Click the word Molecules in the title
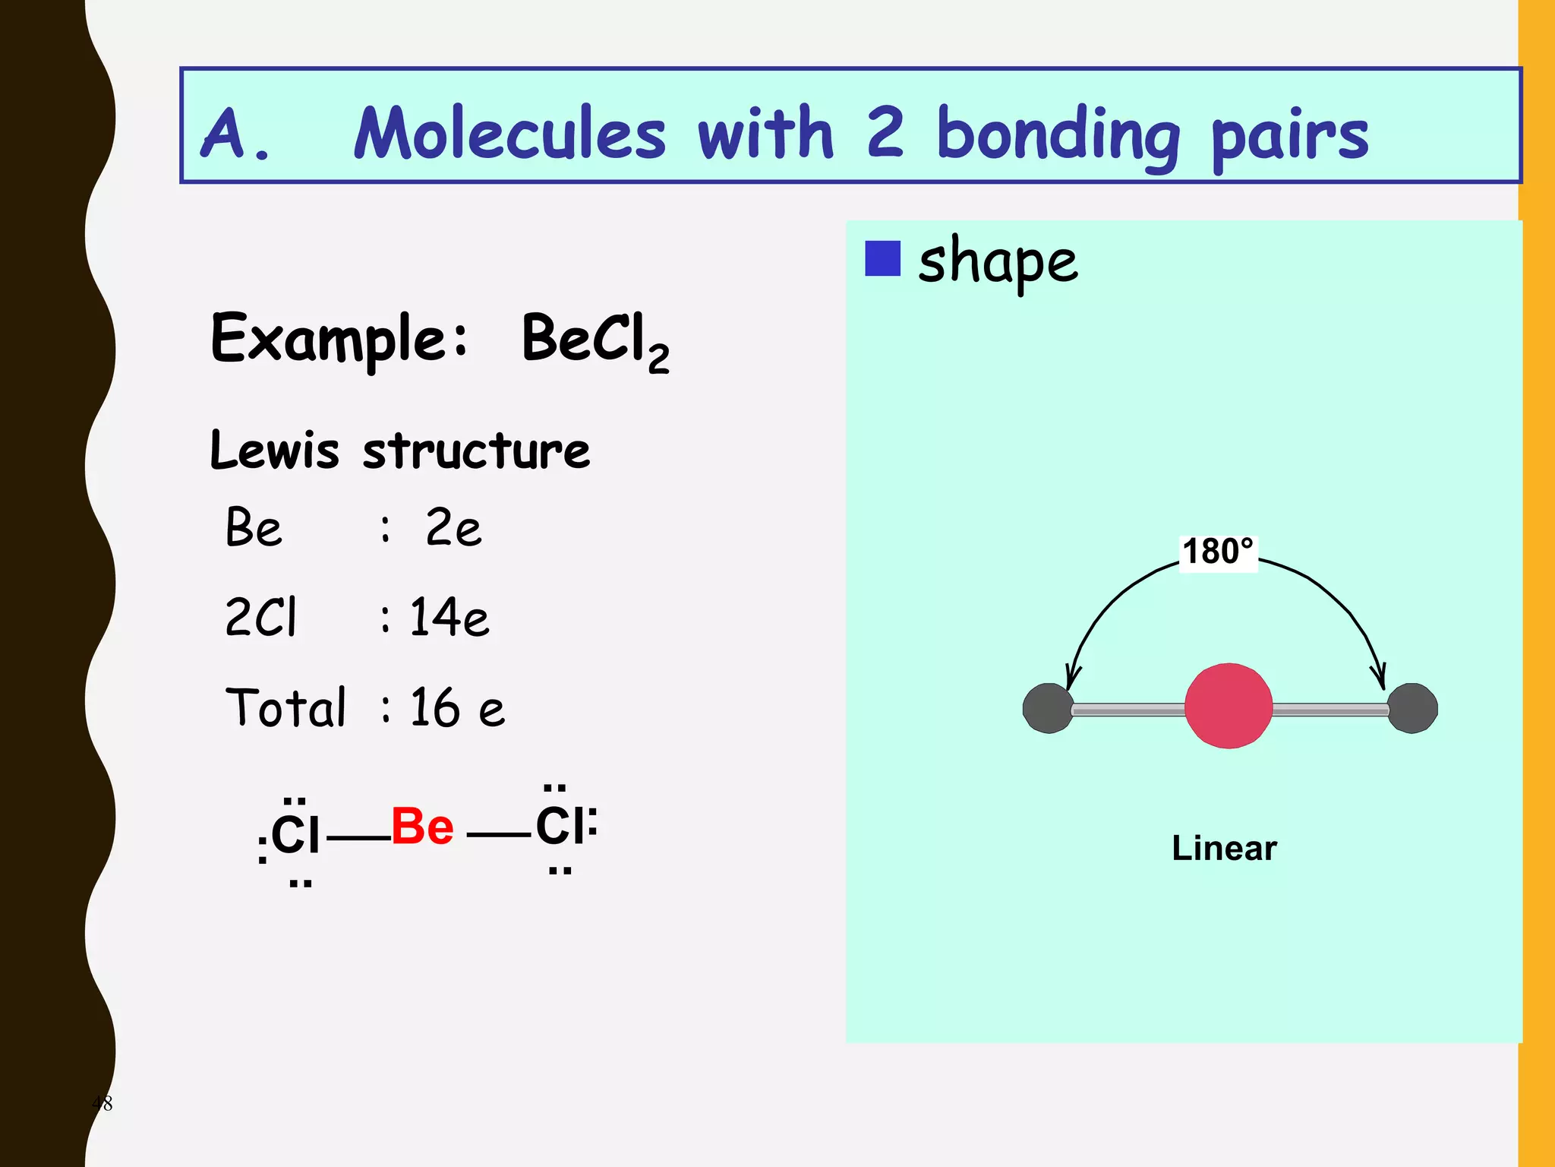(x=510, y=134)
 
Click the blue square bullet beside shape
(x=882, y=258)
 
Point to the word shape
(x=998, y=261)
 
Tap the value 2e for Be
(x=453, y=527)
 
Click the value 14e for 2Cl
(x=449, y=616)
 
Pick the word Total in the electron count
(x=285, y=707)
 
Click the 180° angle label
(x=1218, y=552)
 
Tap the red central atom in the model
(x=1228, y=706)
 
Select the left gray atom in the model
(x=1048, y=708)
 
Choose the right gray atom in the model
(x=1412, y=708)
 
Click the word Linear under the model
(x=1224, y=848)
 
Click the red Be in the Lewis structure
(x=422, y=827)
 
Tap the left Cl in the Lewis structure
(x=295, y=834)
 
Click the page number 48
(x=102, y=1103)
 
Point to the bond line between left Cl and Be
(x=358, y=839)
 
